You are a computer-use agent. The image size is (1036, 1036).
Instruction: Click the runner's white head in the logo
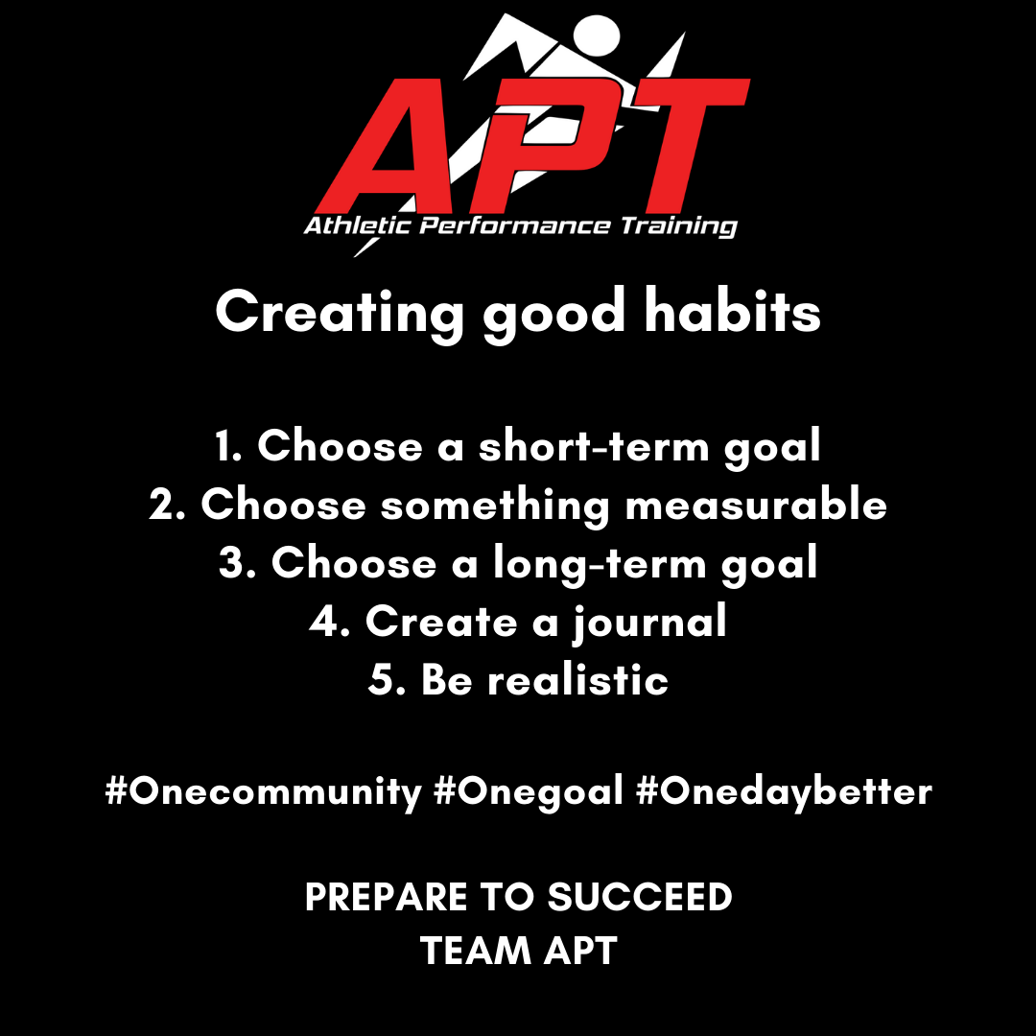tap(597, 36)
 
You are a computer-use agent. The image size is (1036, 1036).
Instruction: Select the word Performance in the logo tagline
tap(515, 226)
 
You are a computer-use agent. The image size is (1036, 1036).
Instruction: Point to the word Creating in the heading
tap(340, 313)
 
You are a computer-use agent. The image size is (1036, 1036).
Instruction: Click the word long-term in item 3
tap(600, 564)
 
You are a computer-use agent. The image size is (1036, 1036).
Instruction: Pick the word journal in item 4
tap(650, 622)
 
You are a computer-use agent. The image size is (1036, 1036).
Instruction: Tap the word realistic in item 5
tap(578, 679)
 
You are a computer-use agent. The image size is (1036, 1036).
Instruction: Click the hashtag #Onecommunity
tap(263, 791)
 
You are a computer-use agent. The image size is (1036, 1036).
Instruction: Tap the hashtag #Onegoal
tap(529, 791)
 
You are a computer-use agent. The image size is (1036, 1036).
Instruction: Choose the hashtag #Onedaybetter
tap(785, 791)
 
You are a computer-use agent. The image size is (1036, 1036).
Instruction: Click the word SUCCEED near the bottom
tap(640, 897)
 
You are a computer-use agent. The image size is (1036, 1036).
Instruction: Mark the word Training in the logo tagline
tap(678, 226)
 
